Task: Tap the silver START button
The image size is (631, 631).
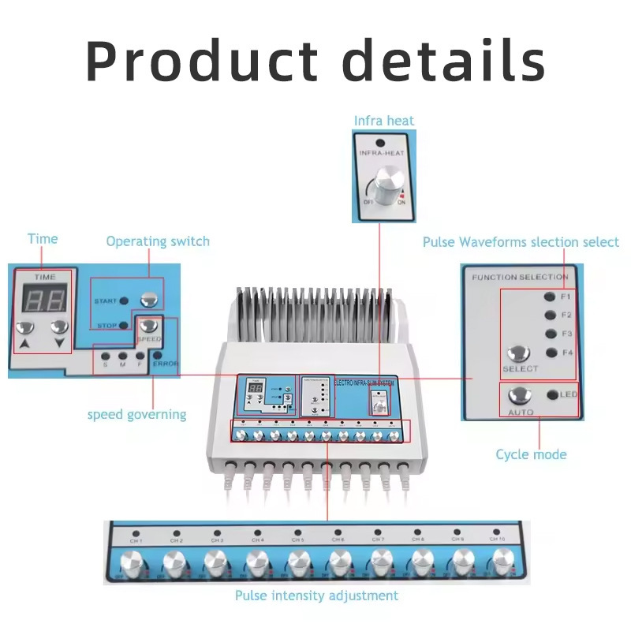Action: [147, 300]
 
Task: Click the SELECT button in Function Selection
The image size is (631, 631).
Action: [519, 354]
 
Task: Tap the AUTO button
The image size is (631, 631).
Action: [520, 395]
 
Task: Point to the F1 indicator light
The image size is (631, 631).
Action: [549, 297]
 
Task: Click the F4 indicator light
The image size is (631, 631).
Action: [549, 353]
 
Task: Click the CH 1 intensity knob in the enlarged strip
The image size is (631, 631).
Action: [133, 564]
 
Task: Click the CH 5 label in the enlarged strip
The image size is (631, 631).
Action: [297, 540]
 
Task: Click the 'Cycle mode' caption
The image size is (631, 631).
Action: [531, 454]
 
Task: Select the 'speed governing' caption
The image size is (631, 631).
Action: [136, 414]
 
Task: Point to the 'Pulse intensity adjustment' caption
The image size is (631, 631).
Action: [316, 596]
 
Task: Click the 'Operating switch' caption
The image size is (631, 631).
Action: [158, 241]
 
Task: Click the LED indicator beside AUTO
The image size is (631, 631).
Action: [551, 394]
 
